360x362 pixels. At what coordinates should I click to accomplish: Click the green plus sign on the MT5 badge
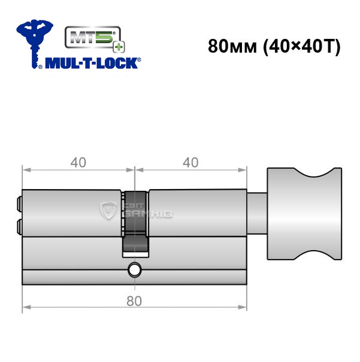119,47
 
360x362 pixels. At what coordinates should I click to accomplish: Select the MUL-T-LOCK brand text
93,63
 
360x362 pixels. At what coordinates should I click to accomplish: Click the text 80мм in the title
232,47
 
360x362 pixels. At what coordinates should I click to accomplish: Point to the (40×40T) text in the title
302,47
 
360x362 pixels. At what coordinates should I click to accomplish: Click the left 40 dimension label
78,162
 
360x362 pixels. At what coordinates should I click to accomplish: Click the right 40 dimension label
190,162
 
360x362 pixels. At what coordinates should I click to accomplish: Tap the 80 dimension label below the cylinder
134,301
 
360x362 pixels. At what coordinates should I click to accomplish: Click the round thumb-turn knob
304,214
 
